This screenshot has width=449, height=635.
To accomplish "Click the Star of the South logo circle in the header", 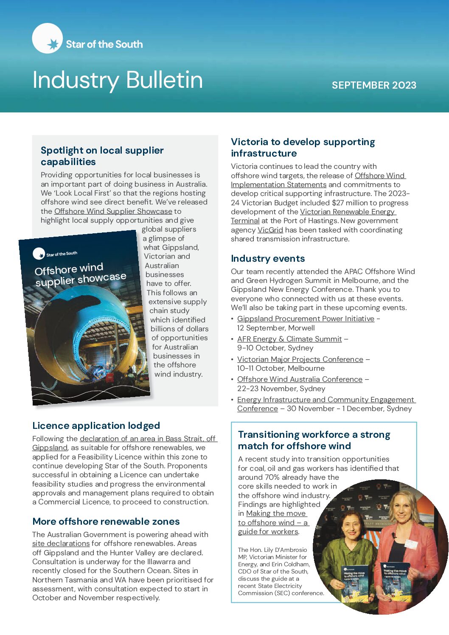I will tap(47, 39).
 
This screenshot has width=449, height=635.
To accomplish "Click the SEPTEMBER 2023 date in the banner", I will tap(374, 85).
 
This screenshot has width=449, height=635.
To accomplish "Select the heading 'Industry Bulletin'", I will tap(118, 80).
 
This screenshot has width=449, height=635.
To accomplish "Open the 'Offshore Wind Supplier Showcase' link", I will tap(113, 211).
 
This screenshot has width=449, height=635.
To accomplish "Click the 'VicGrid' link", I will tap(270, 230).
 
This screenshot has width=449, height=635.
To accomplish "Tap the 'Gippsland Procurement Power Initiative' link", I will tap(306, 319).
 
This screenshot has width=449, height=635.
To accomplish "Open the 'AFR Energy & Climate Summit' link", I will tap(289, 339).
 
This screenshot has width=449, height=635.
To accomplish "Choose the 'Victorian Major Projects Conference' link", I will tap(300, 359).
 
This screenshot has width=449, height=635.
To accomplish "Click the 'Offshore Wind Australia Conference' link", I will tap(300, 379).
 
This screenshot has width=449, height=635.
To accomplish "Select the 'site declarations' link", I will tap(61, 543).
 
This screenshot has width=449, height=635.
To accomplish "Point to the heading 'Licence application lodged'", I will tap(96, 425).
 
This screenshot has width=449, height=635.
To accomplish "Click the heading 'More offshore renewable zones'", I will tap(106, 521).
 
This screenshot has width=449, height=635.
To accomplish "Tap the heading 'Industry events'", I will tap(268, 258).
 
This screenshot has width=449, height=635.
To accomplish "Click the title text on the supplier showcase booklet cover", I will tap(80, 274).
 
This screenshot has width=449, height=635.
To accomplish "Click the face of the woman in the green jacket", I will tap(352, 529).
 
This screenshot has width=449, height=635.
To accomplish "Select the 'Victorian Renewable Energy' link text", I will tap(348, 212).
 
